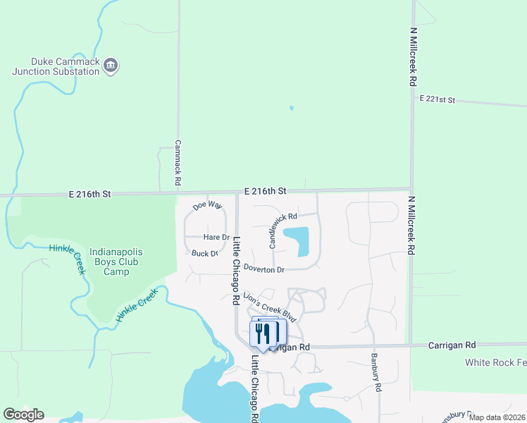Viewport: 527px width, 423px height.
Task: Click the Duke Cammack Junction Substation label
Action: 55,66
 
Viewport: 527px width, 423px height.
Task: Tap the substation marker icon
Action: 111,66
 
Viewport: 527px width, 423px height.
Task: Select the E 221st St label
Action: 438,99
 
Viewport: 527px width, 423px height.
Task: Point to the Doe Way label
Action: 208,205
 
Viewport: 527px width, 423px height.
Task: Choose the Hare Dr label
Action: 216,238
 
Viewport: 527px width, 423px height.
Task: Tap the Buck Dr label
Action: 204,253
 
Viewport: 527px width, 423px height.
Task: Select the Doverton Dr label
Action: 263,269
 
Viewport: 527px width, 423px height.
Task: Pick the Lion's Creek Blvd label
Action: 269,306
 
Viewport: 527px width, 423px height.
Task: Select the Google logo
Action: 23,415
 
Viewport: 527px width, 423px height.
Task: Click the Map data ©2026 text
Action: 497,417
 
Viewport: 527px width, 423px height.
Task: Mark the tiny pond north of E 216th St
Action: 291,108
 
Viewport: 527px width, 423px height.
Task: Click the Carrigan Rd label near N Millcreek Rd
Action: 452,345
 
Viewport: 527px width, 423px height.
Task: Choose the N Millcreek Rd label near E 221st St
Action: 414,56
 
